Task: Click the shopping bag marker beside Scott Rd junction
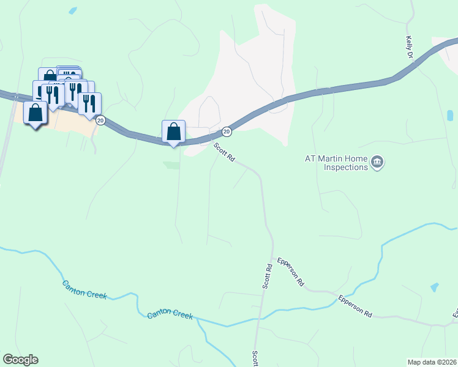point(174,131)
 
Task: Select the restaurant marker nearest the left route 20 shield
point(90,104)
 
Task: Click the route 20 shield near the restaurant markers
point(101,120)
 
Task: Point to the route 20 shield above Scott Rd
point(227,131)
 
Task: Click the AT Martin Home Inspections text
point(337,163)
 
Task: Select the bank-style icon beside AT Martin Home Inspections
point(377,162)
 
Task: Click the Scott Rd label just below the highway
point(224,152)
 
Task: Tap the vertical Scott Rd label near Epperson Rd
point(268,276)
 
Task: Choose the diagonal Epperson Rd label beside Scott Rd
point(291,272)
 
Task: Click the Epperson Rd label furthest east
point(356,306)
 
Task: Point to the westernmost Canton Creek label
point(84,290)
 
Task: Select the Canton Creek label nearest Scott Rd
point(170,316)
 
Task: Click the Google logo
point(20,360)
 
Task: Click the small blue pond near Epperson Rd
point(435,287)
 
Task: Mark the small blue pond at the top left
point(73,10)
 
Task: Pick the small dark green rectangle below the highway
point(172,165)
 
